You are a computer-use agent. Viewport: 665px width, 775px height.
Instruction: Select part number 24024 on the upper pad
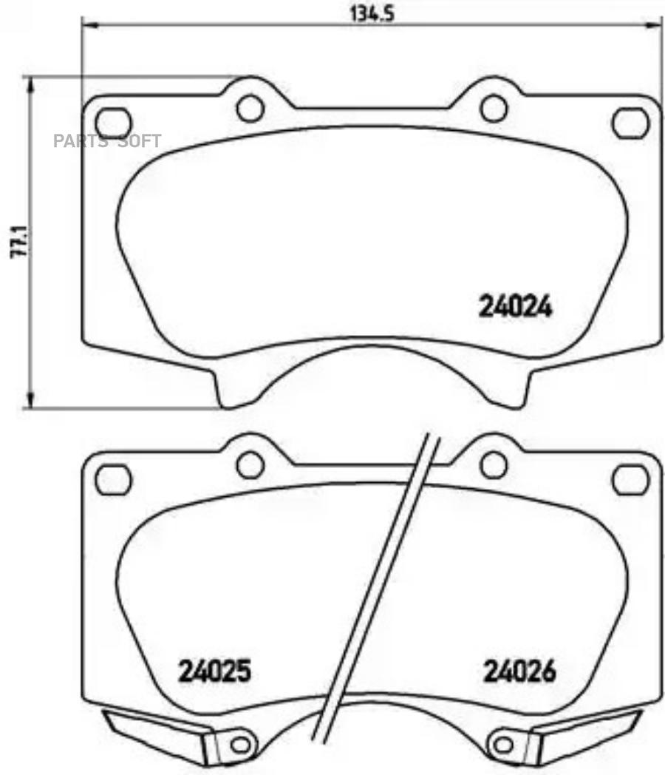pos(516,308)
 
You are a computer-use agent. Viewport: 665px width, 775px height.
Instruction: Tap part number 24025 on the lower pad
pos(214,671)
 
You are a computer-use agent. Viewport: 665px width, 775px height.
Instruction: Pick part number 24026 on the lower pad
pos(520,671)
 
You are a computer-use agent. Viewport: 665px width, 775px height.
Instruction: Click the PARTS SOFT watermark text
pos(107,141)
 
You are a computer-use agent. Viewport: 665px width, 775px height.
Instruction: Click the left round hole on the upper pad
pos(250,108)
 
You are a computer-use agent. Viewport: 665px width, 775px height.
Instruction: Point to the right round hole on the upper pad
pos(494,108)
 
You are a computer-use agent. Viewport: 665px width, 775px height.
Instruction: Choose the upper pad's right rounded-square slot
pos(630,121)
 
